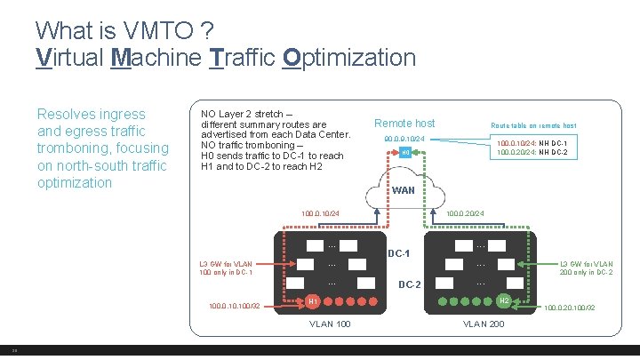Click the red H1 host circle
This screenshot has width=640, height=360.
pos(313,302)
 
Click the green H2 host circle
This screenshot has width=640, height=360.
pos(504,301)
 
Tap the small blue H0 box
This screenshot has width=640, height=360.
pos(404,153)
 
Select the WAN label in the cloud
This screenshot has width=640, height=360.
pos(404,190)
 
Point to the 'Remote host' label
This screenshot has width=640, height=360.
pos(404,124)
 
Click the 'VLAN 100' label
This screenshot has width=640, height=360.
pos(330,324)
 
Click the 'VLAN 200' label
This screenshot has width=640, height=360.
pos(484,324)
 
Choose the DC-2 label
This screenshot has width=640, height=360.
pos(410,285)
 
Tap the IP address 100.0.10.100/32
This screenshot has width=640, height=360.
pos(234,307)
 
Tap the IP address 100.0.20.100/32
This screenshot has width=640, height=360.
pos(569,308)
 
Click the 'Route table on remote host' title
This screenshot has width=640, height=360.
pos(533,125)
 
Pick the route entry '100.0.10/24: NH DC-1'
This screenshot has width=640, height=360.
pos(538,143)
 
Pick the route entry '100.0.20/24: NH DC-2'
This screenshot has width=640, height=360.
pos(538,153)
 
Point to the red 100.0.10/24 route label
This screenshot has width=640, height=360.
pos(321,213)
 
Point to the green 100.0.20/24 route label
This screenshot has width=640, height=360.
pos(464,213)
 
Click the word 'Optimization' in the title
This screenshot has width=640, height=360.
pos(348,58)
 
